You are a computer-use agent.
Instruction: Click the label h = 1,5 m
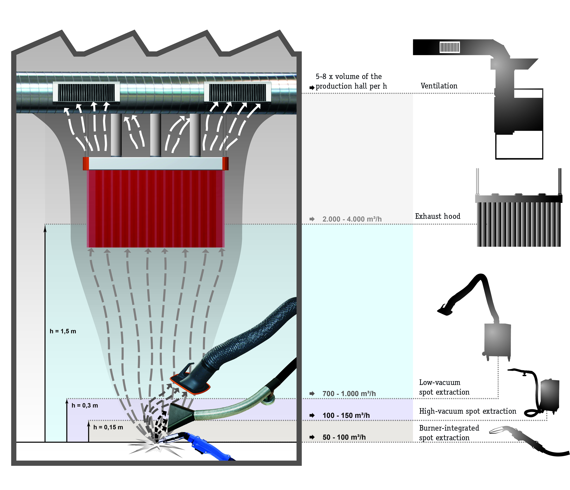coord(63,331)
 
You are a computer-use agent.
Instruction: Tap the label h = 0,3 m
coord(84,405)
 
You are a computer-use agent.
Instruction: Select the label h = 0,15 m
coord(108,427)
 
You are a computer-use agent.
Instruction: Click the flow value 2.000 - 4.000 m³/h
coord(352,219)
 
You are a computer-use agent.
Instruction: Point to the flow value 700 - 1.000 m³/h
coord(349,393)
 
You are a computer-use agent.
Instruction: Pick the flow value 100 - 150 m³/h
coord(346,415)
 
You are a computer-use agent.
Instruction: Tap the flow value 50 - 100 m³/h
coord(344,437)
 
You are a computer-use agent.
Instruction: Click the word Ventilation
coord(439,86)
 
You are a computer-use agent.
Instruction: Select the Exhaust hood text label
coord(438,216)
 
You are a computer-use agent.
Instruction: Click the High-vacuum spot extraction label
coord(467,411)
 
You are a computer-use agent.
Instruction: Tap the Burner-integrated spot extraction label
coord(449,433)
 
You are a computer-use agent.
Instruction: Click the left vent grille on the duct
coord(86,92)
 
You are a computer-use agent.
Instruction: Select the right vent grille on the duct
coord(237,92)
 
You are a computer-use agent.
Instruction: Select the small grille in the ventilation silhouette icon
coord(450,47)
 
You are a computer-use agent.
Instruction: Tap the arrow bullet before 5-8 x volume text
coord(312,87)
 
